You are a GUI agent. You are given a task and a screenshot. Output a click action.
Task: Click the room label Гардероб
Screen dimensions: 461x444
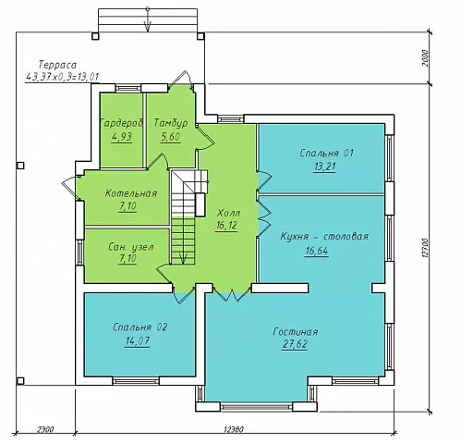pos(122,123)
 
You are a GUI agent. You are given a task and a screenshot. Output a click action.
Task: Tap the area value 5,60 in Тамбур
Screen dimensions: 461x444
pos(170,136)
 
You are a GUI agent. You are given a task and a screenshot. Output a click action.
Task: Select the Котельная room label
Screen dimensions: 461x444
pos(131,193)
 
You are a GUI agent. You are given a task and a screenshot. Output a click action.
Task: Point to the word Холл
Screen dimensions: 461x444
pos(228,213)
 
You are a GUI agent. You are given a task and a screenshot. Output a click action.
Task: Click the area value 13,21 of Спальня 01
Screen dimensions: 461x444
pos(324,166)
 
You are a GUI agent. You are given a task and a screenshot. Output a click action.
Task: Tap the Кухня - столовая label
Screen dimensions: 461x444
pos(324,237)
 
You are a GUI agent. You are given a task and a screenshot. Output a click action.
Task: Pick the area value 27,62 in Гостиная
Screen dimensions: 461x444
pos(295,344)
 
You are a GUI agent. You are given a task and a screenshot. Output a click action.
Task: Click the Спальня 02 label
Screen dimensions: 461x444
pos(140,327)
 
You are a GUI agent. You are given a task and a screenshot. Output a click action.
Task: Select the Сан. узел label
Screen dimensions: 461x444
pos(131,247)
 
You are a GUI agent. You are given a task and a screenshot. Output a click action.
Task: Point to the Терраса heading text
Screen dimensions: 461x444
pos(57,65)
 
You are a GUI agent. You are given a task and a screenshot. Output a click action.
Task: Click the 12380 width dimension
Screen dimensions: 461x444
pos(234,429)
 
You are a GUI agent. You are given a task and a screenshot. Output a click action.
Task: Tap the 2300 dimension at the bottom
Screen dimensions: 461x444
pos(45,429)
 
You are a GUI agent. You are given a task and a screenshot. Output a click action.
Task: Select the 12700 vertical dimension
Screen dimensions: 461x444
pos(425,248)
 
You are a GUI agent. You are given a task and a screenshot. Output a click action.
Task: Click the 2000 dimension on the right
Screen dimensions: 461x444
pos(425,58)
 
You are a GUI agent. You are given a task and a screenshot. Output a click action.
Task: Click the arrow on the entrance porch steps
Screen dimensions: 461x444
pos(148,19)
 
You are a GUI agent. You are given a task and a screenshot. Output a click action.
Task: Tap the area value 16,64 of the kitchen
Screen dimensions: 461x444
pos(317,251)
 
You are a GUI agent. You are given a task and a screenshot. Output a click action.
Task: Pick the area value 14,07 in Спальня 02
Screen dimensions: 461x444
pos(138,341)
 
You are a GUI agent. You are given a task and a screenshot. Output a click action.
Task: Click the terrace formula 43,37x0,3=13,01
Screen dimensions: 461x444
pos(62,77)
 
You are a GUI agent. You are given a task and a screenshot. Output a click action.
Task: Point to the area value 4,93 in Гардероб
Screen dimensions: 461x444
pos(122,136)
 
